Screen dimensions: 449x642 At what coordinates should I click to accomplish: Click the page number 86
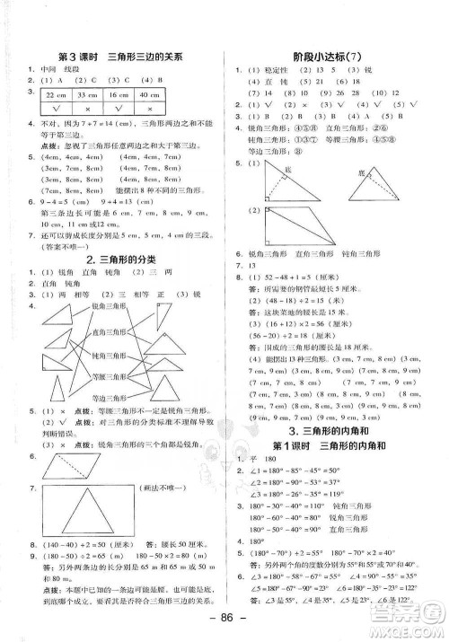(224, 621)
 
